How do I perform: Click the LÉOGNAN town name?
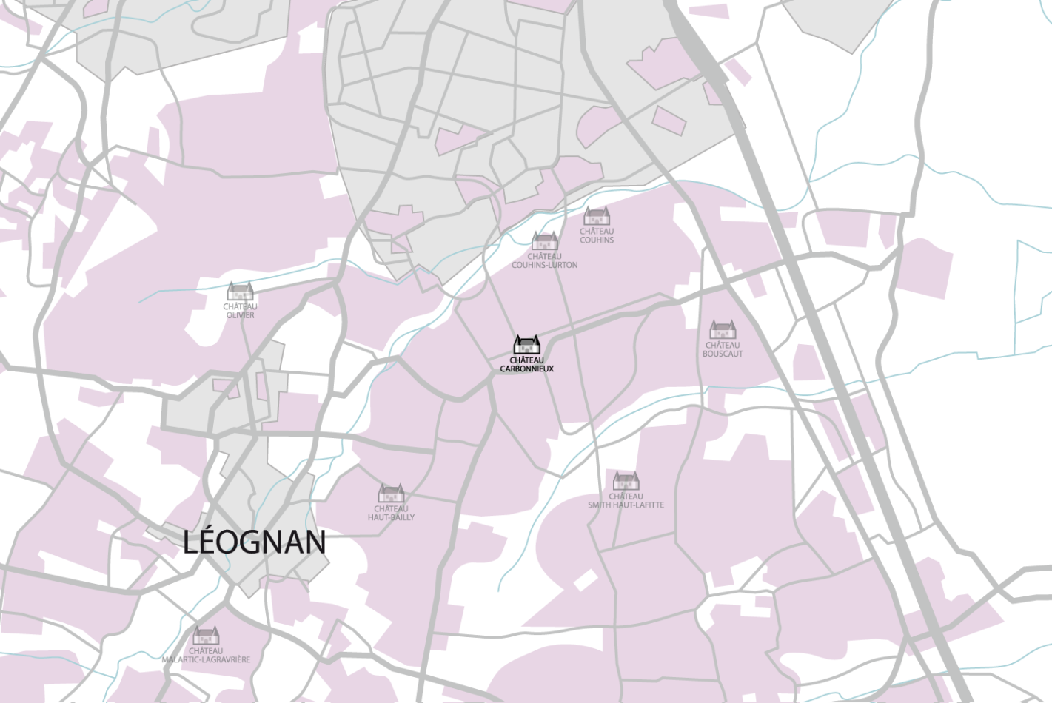click(254, 542)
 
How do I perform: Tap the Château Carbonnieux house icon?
click(526, 345)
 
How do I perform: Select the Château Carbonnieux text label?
click(526, 364)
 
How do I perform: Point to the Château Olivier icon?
click(240, 292)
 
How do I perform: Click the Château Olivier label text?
click(240, 311)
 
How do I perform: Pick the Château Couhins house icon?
click(597, 216)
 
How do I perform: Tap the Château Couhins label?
click(597, 235)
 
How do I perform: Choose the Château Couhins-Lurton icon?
click(544, 241)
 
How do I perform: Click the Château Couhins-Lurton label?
click(544, 260)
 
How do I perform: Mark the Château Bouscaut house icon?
click(723, 329)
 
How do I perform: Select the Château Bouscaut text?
click(723, 349)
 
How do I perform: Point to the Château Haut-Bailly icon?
click(391, 493)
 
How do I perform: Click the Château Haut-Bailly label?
click(391, 513)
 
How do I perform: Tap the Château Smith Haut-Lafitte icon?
click(626, 481)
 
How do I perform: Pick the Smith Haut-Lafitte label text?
click(626, 501)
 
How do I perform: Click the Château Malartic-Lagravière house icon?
click(206, 636)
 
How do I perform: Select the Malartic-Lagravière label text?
click(206, 656)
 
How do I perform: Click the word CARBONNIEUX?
click(526, 369)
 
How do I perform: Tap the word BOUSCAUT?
click(723, 354)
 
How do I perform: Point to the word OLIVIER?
click(240, 315)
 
